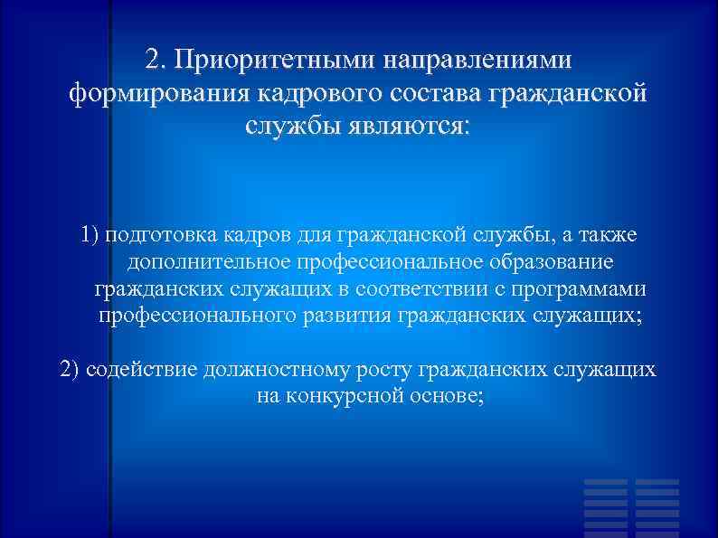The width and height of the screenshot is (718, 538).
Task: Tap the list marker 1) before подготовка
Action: (90, 236)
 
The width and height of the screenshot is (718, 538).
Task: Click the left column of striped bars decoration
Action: (605, 506)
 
